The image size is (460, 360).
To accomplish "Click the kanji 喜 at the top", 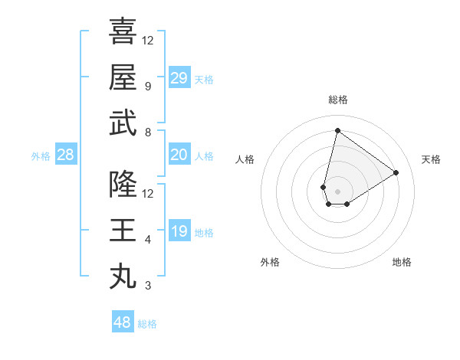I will point(123,31).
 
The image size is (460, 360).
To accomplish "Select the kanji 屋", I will point(123,77).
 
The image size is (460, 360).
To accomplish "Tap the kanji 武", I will point(123,123).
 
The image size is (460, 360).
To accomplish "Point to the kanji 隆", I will point(123,185).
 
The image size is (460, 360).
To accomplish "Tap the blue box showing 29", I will point(179,78).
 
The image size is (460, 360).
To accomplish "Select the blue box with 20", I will point(179,155).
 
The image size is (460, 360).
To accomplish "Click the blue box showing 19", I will point(179,231).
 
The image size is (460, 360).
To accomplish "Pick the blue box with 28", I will point(65,155).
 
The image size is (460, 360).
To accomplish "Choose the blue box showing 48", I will point(123,322).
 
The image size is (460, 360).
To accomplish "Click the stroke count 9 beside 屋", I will point(148,87).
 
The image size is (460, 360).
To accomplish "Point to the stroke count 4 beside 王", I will point(148,240).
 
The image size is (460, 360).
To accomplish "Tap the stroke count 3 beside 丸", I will point(148,286).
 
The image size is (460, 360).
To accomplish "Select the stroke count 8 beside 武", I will point(148,133).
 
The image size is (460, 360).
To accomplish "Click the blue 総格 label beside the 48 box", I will point(147,324).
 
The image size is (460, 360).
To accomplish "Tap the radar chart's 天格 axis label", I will point(431,159).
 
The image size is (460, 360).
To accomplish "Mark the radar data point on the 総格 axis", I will point(337,130).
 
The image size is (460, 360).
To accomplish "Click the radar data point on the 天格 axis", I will point(396,172).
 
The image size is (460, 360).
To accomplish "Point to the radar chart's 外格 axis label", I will point(270,262).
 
